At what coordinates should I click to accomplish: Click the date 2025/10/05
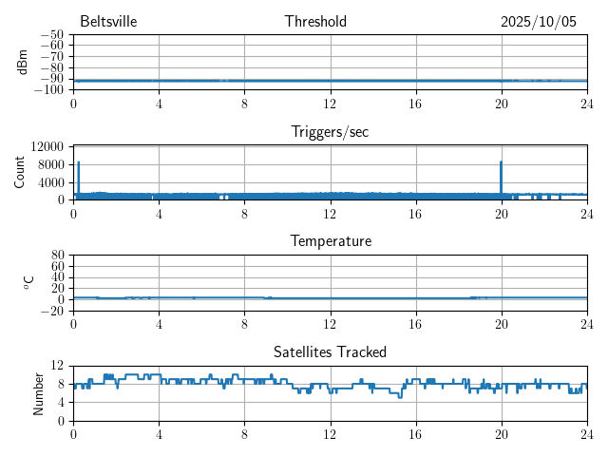tap(539, 22)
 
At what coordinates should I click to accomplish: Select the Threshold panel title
tap(315, 22)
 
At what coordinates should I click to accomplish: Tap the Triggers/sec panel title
tap(330, 132)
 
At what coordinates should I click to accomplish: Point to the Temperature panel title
tap(330, 241)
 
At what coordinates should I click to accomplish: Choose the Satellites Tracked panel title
tap(330, 351)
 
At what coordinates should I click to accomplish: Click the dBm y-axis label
tap(22, 62)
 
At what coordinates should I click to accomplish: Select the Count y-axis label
tap(20, 172)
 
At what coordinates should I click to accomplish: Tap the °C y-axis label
tap(28, 282)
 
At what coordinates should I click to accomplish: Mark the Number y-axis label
tap(39, 392)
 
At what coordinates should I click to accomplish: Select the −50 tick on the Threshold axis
tap(52, 35)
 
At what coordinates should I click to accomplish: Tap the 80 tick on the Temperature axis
tap(57, 256)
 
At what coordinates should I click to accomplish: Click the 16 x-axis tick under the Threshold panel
tap(415, 104)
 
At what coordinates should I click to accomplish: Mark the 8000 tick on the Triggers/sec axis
tap(49, 164)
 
